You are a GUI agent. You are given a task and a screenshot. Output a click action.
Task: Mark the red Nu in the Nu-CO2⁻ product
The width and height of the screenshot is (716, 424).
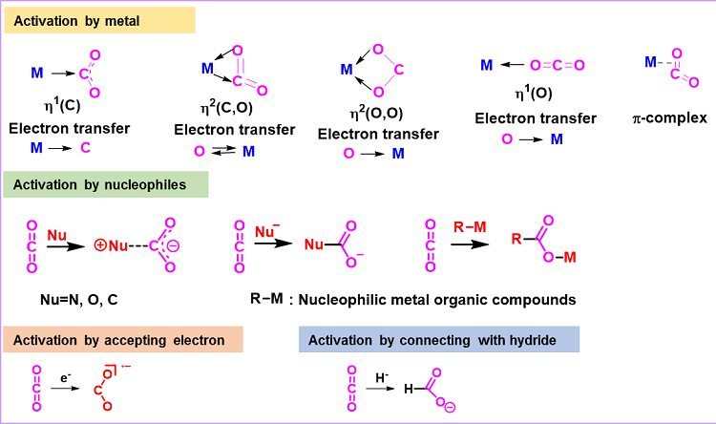(x=312, y=245)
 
